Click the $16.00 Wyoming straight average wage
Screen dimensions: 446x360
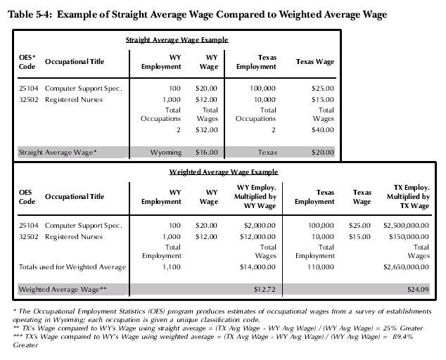[x=207, y=153]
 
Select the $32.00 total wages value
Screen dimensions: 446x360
[x=207, y=130]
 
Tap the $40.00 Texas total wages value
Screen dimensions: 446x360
[x=323, y=130]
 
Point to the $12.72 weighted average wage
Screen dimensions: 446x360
[x=265, y=290]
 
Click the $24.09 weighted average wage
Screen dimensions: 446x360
[x=418, y=290]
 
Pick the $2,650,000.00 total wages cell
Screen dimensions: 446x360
[x=406, y=267]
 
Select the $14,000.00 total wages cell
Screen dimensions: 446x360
[x=257, y=267]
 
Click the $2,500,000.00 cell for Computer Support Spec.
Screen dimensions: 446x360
[x=406, y=226]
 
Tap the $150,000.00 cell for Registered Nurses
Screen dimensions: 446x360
[x=409, y=237]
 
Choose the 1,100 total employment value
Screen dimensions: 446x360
[x=172, y=267]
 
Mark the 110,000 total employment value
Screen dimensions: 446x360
[x=321, y=267]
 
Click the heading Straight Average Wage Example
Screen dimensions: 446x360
[x=177, y=40]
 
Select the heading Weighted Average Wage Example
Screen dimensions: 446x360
[x=224, y=172]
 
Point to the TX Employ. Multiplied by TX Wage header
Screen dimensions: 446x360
[x=408, y=196]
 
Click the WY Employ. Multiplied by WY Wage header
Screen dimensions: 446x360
[x=255, y=196]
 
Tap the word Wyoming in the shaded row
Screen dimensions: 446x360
[x=166, y=153]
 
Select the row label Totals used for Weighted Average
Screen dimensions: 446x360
[x=72, y=267]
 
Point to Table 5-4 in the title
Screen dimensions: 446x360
[x=30, y=14]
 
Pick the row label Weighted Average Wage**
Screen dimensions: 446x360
[x=63, y=290]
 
